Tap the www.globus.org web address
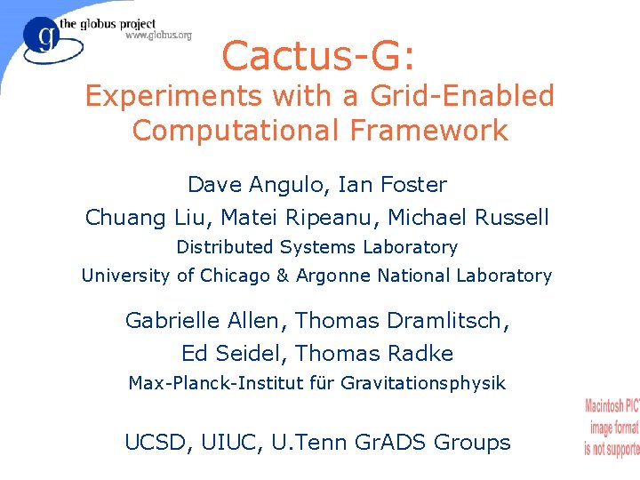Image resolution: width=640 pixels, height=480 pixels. pos(158,36)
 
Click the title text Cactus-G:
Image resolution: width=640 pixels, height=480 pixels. pos(317,56)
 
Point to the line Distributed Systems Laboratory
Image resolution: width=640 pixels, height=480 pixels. pos(316,247)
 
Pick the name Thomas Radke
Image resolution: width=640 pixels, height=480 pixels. pos(374,354)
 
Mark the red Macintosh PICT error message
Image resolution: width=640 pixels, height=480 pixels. pos(612,428)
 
